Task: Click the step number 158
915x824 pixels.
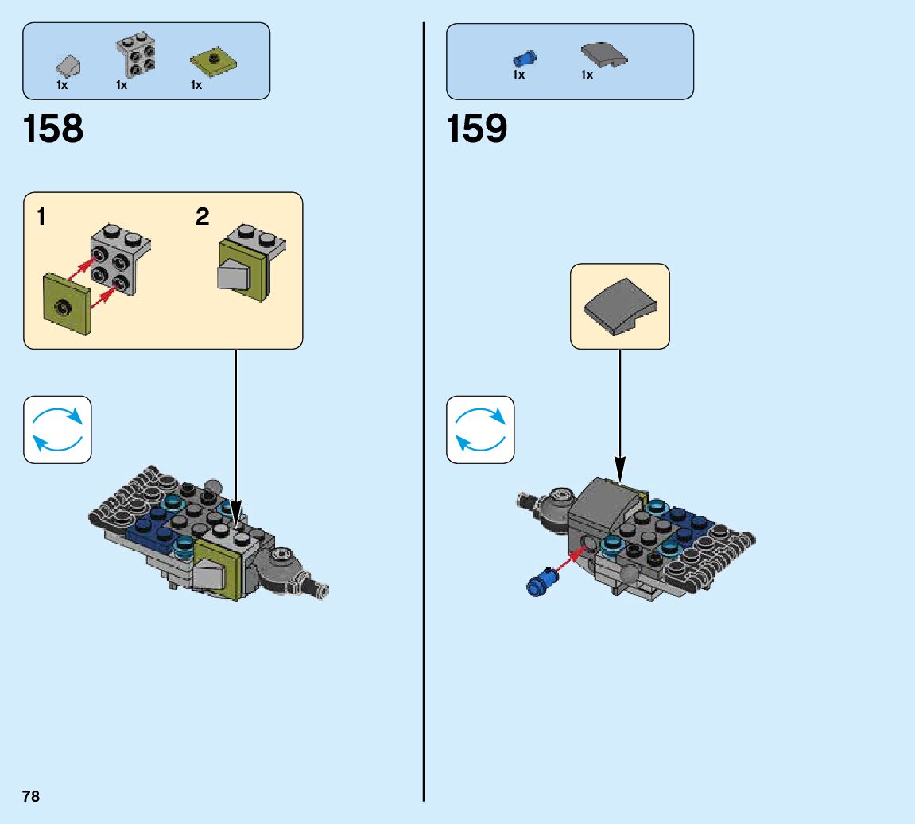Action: click(53, 129)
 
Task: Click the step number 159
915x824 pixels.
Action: click(477, 129)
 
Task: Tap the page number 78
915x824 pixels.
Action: click(31, 796)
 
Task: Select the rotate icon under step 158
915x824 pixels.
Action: click(57, 430)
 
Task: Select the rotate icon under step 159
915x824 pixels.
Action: click(480, 430)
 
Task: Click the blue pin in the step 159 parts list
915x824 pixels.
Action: click(525, 57)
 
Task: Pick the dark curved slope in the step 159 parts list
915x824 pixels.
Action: click(603, 55)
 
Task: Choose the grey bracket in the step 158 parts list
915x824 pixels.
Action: click(136, 56)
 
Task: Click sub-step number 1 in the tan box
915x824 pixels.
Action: click(41, 217)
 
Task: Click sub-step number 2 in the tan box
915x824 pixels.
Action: click(203, 217)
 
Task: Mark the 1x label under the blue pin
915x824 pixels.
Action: click(518, 75)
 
